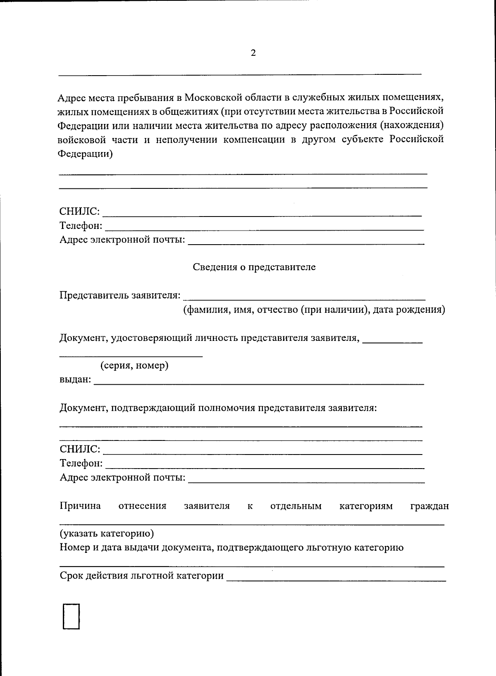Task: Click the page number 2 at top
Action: click(x=253, y=53)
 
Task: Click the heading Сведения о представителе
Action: click(x=254, y=267)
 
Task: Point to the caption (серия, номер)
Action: click(x=134, y=366)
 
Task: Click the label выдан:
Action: click(x=75, y=379)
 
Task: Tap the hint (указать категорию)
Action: click(x=107, y=533)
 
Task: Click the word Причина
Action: click(x=80, y=506)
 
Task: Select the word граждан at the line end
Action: click(x=429, y=506)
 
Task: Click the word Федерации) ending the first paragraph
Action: click(x=85, y=154)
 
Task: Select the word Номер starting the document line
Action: click(x=73, y=548)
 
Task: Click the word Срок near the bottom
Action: click(x=71, y=576)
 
